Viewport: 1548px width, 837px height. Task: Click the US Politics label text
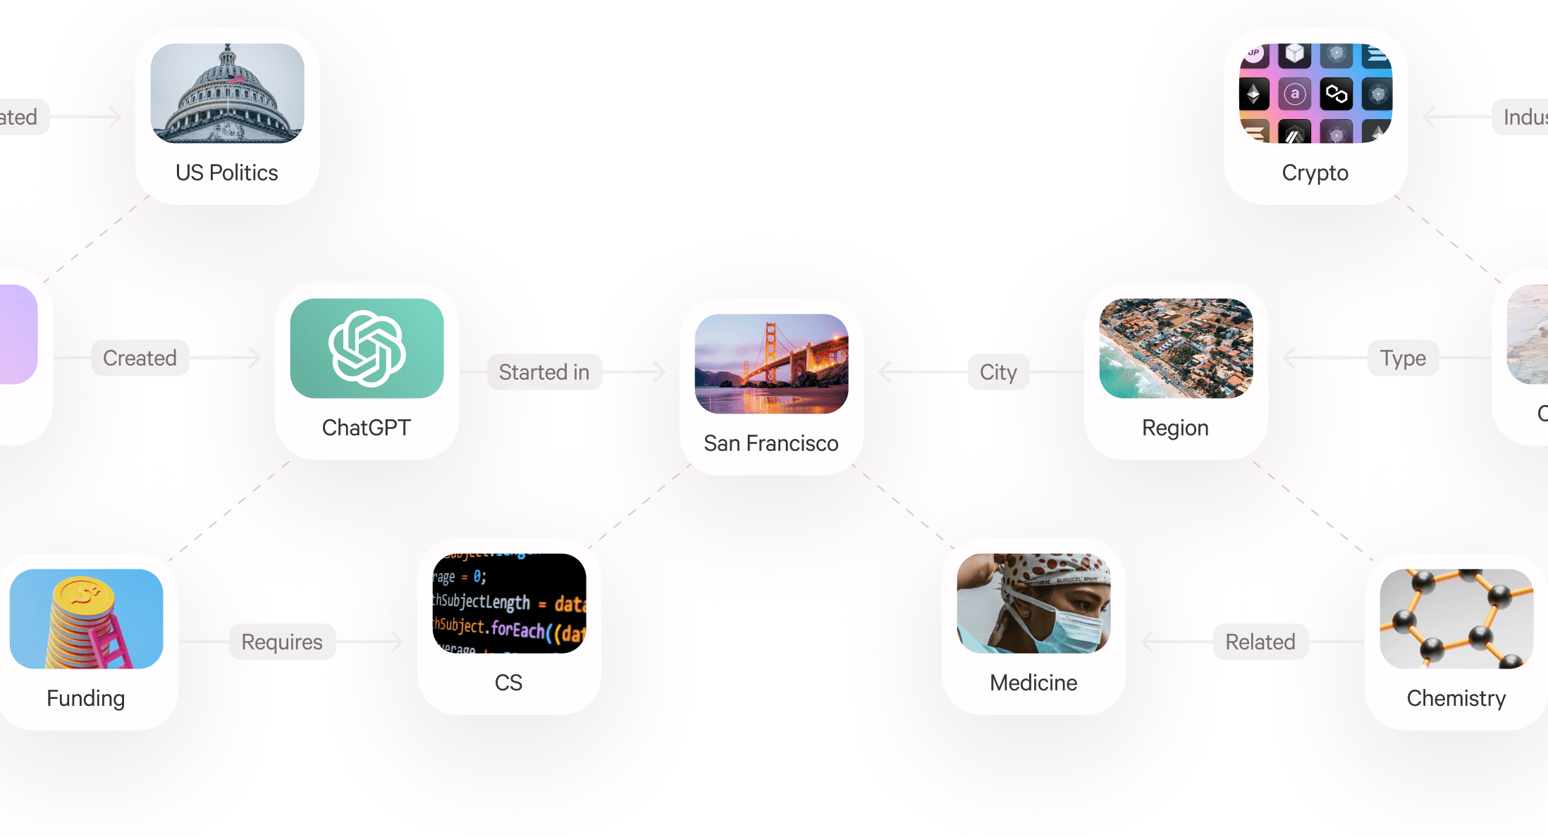(x=226, y=173)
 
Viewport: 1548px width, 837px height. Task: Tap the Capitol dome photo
(x=227, y=93)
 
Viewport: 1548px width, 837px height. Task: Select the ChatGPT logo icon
(x=367, y=348)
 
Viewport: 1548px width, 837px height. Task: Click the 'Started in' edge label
(x=543, y=372)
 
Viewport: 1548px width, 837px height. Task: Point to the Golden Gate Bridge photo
(x=771, y=364)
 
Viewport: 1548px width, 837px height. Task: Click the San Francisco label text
(x=770, y=443)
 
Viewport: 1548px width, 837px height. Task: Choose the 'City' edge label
(x=997, y=372)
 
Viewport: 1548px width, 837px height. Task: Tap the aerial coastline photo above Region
(x=1176, y=348)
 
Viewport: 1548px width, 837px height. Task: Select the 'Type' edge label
(x=1403, y=358)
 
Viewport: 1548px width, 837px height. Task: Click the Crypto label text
(x=1315, y=173)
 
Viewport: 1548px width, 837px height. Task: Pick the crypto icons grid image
(x=1315, y=93)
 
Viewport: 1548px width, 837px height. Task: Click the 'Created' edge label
(x=140, y=358)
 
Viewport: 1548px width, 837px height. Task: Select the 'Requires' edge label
(x=281, y=642)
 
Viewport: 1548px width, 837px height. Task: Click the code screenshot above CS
(x=509, y=603)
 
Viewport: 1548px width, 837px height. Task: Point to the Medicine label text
(x=1033, y=683)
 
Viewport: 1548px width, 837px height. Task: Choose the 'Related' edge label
(x=1260, y=642)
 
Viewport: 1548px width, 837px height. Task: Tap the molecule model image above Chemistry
(x=1456, y=619)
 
